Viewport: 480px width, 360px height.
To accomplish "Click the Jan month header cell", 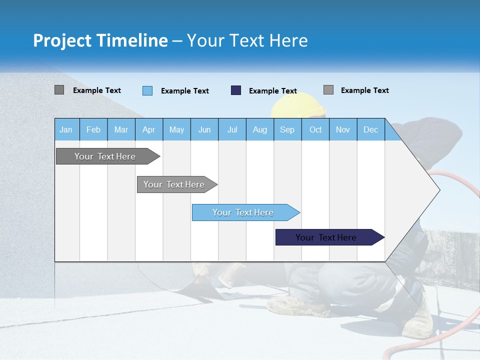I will [66, 129].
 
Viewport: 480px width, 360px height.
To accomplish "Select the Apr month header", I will [149, 129].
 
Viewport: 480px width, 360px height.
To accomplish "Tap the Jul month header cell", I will [232, 129].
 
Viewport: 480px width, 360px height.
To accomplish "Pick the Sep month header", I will [287, 129].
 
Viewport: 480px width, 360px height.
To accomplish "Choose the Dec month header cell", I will [370, 129].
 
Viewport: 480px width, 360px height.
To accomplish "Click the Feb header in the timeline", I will [93, 129].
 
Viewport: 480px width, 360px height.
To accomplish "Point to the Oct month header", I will [315, 129].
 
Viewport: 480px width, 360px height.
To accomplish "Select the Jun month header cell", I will [204, 129].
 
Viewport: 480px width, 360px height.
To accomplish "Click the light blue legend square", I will [147, 90].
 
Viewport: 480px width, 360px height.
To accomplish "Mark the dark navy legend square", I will [236, 90].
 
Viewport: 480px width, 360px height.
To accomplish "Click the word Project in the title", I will [62, 40].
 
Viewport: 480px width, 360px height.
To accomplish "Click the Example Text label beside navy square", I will [272, 91].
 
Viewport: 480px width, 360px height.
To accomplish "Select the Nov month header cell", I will [343, 129].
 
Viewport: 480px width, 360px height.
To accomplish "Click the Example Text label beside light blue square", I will [184, 91].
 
